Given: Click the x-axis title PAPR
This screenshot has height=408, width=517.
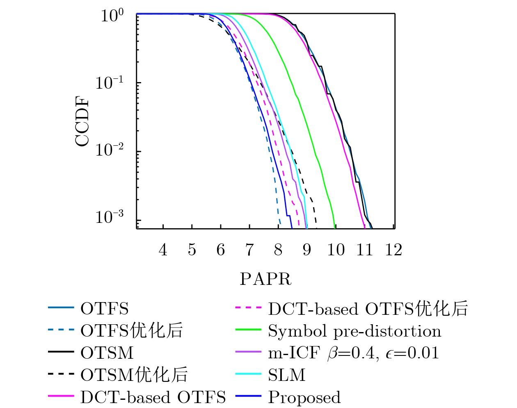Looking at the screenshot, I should (265, 279).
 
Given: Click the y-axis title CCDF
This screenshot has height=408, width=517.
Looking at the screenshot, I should (82, 121).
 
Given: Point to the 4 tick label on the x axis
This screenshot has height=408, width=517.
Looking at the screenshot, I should (163, 250).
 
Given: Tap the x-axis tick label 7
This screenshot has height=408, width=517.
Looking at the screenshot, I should (249, 250).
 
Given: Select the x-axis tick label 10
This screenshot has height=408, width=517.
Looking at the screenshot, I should (336, 250).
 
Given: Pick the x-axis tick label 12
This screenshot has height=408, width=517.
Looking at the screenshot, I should (393, 250).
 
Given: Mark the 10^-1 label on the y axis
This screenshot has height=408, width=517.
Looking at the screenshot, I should (109, 83).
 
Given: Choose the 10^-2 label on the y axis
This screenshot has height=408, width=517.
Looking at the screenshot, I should (109, 150).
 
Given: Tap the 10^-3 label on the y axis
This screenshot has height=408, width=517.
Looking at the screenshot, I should (109, 217).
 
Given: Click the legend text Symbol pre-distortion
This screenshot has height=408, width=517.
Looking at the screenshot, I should (355, 331).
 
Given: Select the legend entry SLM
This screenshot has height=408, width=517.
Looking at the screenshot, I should (286, 375).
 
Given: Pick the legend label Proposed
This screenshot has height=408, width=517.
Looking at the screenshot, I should (304, 397).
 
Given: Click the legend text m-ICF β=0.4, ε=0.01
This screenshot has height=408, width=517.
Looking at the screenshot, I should (353, 353).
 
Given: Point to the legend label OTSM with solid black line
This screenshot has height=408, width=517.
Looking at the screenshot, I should (107, 353).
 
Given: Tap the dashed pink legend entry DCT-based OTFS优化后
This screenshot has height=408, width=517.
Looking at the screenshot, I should (368, 309).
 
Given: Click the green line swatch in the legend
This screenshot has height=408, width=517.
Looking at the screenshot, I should (249, 330).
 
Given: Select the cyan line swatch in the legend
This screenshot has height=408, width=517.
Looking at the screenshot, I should (249, 374).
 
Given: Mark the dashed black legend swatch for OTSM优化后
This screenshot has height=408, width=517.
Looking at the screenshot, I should (61, 374).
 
